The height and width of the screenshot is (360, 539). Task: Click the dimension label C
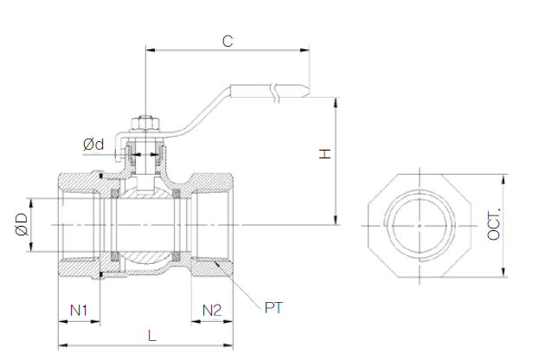tap(227, 40)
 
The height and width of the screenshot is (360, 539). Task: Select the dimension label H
tap(324, 154)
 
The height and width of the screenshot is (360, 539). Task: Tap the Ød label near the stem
tap(93, 144)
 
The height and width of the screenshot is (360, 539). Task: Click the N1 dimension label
tap(80, 310)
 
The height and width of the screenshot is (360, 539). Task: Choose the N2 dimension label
tap(212, 310)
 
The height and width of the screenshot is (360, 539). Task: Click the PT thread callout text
tap(275, 307)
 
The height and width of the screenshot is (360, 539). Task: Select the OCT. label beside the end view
tap(494, 224)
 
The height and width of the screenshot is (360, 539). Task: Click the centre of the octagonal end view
tap(419, 225)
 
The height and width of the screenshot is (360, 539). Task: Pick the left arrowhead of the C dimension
tap(150, 50)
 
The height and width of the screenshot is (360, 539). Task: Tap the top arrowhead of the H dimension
tap(337, 100)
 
